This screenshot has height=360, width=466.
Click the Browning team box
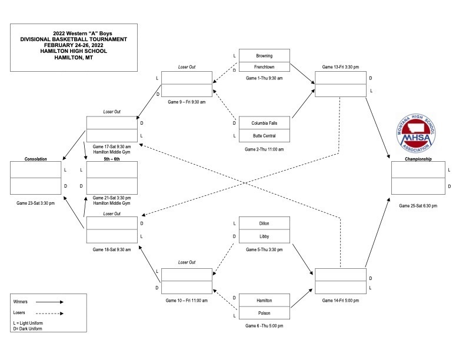[264, 55]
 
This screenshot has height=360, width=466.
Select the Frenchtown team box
[264, 67]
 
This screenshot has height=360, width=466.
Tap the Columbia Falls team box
[264, 123]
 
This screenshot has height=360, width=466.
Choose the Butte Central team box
[264, 136]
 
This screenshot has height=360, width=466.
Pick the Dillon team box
[264, 223]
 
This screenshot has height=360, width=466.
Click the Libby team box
[264, 236]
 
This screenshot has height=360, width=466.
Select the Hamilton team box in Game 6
[264, 301]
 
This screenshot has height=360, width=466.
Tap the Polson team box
[264, 313]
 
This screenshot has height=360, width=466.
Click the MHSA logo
[416, 133]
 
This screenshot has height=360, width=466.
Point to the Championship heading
[418, 159]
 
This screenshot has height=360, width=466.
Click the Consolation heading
[36, 159]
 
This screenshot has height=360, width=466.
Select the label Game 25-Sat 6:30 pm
[418, 205]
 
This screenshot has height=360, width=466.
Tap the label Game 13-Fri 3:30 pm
[341, 67]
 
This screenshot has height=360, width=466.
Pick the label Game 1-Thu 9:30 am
[264, 78]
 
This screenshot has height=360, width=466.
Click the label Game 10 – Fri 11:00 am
[187, 301]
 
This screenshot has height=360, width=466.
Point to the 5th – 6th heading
[112, 159]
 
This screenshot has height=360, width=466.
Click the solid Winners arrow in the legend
[49, 302]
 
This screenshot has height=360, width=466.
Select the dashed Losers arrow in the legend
[49, 314]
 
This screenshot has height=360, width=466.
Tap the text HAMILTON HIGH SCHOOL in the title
[74, 51]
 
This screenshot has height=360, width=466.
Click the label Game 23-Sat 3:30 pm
[36, 203]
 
